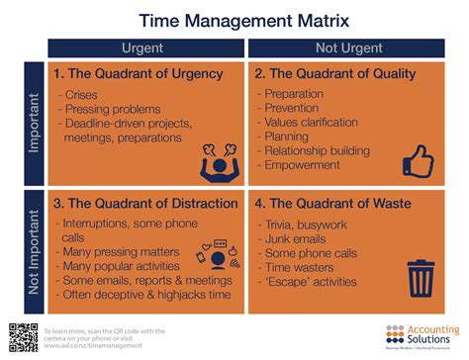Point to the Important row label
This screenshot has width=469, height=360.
(x=35, y=123)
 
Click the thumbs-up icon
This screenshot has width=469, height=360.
(x=419, y=158)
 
